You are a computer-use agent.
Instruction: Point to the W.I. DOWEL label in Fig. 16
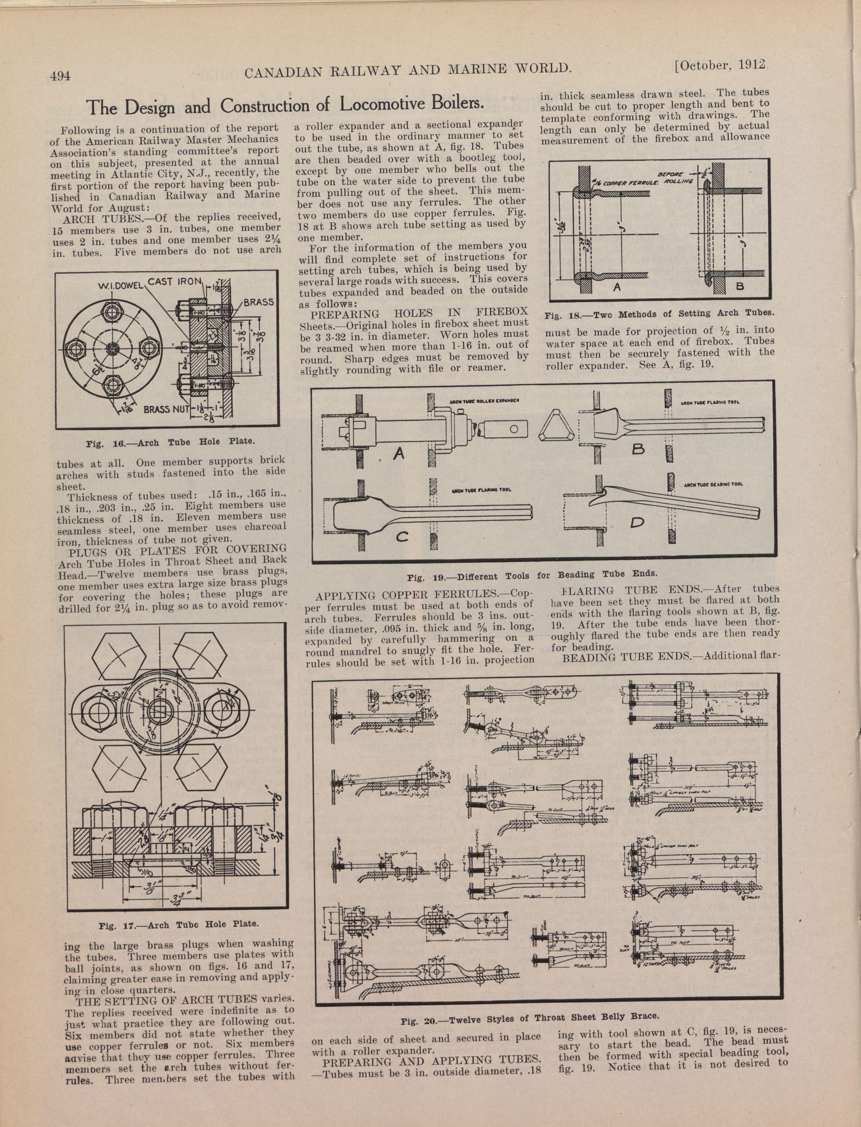point(120,285)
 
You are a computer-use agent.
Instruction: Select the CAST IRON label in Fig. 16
point(175,282)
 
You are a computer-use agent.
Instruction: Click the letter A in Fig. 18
point(617,288)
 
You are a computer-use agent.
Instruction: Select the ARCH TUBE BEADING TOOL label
point(713,484)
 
